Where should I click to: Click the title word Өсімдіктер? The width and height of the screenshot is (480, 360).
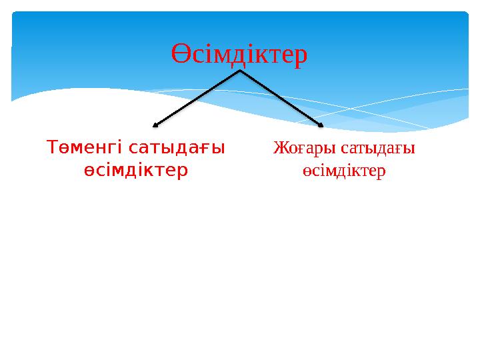tap(239, 55)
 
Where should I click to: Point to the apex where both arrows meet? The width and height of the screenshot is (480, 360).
tap(240, 71)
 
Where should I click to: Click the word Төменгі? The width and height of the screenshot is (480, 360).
tap(85, 147)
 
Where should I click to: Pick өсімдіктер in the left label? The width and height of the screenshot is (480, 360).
tap(135, 171)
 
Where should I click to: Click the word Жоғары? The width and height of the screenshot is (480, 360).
tap(297, 147)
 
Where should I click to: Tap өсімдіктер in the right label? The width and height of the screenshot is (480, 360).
tap(341, 171)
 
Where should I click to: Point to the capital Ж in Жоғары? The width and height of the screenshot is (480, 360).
tap(279, 147)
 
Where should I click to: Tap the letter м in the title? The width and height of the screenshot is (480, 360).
tap(221, 57)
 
